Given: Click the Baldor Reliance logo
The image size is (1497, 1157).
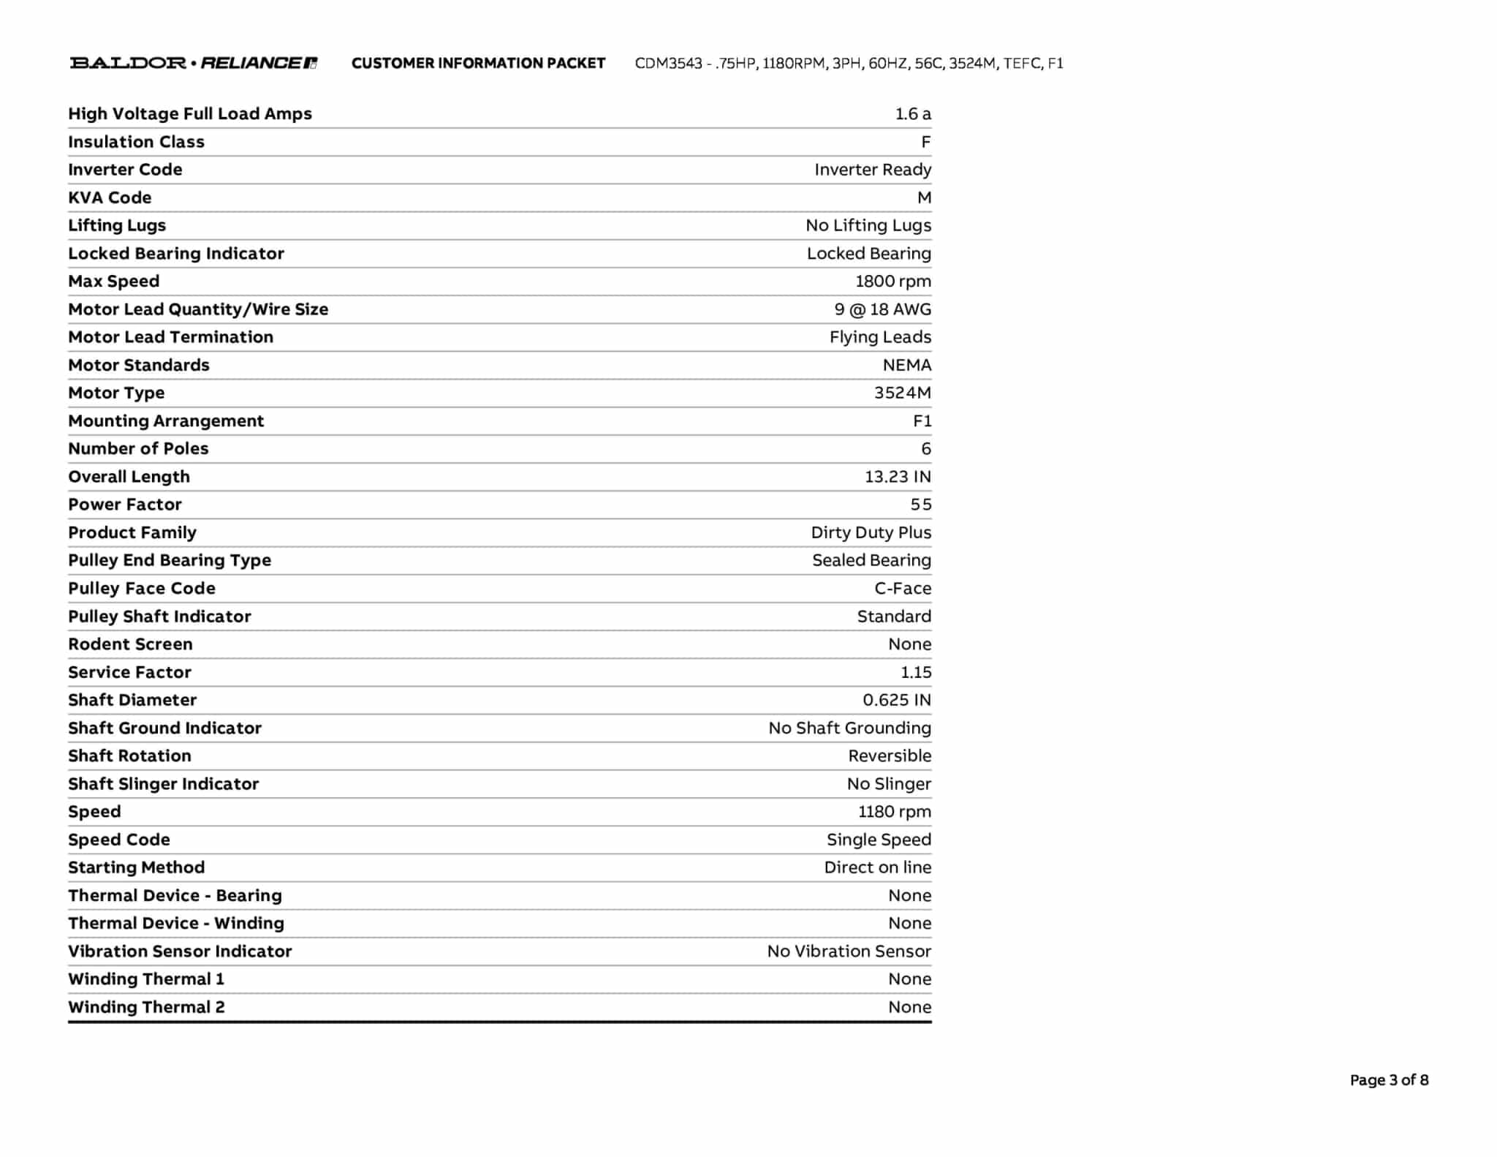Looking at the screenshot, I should coord(193,63).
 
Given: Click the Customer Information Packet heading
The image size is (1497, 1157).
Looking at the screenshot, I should coord(478,64).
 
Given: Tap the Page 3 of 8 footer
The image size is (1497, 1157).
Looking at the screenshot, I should coord(1389,1079).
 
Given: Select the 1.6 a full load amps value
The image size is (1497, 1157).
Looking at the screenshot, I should coord(913,114).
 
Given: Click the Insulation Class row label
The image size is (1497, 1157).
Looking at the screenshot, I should coord(136,142).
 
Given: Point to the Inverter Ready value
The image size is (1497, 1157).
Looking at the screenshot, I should coord(873,170).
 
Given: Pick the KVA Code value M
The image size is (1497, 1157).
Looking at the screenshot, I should coord(924,197).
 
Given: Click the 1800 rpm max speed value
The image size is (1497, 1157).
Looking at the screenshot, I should coord(893,282).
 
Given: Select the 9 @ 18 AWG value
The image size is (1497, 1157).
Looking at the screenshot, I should coord(882,309).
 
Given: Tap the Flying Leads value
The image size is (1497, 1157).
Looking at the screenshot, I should coord(880,337).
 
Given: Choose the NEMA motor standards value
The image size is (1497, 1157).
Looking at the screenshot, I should coord(906,365).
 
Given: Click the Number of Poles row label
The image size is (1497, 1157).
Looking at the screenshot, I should coord(138,448).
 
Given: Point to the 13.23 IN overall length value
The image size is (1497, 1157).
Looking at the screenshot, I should coord(898,477).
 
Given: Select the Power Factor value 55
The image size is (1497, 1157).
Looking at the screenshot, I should coord(921,505).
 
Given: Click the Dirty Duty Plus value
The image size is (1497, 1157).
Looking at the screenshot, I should coord(871,532).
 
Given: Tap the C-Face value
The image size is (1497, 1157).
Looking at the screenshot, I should coord(903,588).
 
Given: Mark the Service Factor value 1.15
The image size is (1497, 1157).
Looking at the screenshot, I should coord(916,672).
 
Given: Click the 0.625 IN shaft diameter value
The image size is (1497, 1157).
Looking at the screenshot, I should coord(897,700).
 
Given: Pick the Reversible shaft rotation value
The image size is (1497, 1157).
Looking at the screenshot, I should coord(890,755).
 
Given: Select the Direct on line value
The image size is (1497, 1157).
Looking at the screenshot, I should coord(877,867).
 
